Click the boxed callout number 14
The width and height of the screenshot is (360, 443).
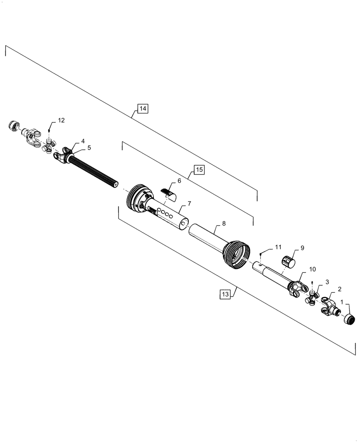143,109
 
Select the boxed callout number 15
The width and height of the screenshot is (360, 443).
199,170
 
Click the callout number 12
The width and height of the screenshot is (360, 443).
61,120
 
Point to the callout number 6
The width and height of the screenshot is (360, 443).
180,181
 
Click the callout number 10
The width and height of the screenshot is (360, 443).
312,269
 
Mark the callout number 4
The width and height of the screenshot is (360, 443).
83,141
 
